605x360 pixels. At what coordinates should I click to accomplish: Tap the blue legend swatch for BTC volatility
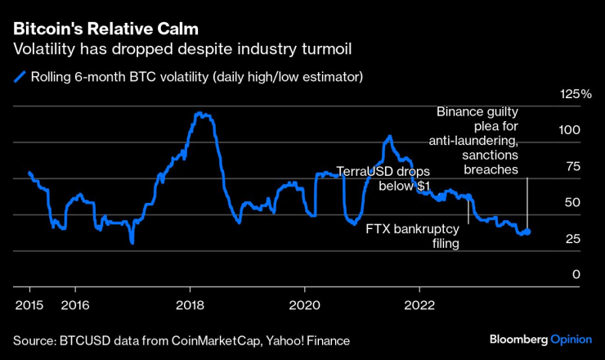pyautogui.click(x=18, y=78)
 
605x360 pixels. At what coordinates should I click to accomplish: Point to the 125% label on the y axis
pyautogui.click(x=576, y=95)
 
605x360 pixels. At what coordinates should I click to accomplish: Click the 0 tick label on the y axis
pyautogui.click(x=576, y=275)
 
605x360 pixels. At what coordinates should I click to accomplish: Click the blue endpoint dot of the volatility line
pyautogui.click(x=527, y=232)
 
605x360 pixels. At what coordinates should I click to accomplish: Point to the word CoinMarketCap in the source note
pyautogui.click(x=205, y=339)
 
